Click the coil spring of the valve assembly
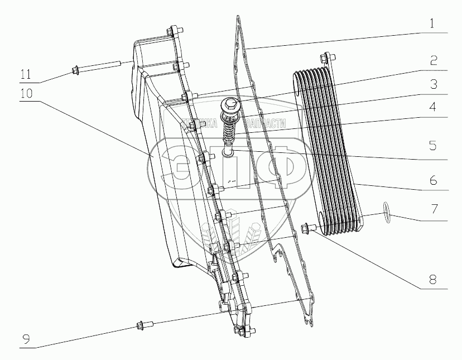[228, 132]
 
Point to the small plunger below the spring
[228, 150]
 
